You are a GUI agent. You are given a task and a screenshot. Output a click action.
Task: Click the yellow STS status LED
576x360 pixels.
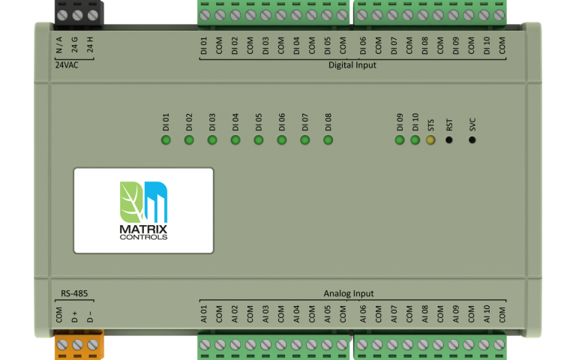point(430,140)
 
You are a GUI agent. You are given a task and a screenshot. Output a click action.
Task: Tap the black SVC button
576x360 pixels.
point(472,140)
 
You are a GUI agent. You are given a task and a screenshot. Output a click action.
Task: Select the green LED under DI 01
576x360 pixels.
point(166,140)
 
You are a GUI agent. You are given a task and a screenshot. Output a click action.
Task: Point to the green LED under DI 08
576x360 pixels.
point(328,140)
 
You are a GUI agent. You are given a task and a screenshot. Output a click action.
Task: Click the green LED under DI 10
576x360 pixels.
point(415,140)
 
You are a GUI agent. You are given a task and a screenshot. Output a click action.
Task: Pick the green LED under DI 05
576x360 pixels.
point(259,140)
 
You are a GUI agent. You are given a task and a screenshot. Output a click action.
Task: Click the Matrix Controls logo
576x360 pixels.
point(144,211)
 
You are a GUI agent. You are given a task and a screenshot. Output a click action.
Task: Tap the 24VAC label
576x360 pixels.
point(67,65)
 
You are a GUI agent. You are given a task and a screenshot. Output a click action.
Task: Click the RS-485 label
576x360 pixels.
point(74,293)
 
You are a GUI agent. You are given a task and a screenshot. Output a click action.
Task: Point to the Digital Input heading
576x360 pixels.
point(352,65)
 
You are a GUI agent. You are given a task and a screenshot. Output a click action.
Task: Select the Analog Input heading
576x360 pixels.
point(349,293)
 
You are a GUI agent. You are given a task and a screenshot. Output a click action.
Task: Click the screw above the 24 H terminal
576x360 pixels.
point(93,16)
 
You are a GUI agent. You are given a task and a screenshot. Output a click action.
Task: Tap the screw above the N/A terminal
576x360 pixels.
point(62,16)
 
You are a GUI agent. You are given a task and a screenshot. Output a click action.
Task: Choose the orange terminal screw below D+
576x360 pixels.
point(77,345)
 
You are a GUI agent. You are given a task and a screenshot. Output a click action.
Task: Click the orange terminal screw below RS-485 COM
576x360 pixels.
point(62,345)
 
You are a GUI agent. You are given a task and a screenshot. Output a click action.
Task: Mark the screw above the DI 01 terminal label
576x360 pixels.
point(205,16)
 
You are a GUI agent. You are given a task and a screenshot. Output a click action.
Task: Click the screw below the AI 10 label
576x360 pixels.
point(484,344)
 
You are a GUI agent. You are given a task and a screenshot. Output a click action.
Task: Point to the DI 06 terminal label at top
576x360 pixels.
point(363,46)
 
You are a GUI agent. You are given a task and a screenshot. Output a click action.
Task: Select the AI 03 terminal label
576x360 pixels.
point(265,314)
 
